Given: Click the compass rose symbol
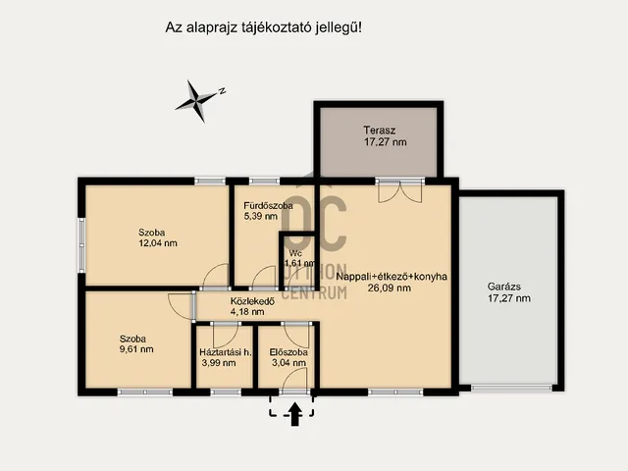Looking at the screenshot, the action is pyautogui.click(x=196, y=100).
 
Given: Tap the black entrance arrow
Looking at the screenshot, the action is pyautogui.click(x=295, y=414).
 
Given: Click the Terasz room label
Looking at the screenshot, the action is pyautogui.click(x=380, y=131).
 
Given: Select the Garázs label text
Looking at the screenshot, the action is pyautogui.click(x=503, y=287).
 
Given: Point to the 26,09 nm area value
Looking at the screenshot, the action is pyautogui.click(x=389, y=288).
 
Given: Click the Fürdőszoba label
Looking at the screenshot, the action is pyautogui.click(x=268, y=206).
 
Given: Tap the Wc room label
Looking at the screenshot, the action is pyautogui.click(x=295, y=253).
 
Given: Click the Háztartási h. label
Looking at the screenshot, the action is pyautogui.click(x=226, y=352).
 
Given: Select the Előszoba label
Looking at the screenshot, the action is pyautogui.click(x=288, y=352).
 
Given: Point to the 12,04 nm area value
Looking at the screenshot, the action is pyautogui.click(x=158, y=243).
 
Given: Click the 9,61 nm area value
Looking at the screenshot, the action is pyautogui.click(x=136, y=349).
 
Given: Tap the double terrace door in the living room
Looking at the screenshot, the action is pyautogui.click(x=399, y=191).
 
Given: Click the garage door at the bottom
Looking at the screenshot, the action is pyautogui.click(x=511, y=388).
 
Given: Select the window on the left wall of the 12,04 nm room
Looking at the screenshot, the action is pyautogui.click(x=81, y=244).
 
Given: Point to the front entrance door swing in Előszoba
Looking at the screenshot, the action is pyautogui.click(x=295, y=381).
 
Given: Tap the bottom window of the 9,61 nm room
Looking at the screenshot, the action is pyautogui.click(x=145, y=392).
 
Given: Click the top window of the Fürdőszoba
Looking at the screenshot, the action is pyautogui.click(x=264, y=181).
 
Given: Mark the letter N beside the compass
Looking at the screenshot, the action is pyautogui.click(x=223, y=91).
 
